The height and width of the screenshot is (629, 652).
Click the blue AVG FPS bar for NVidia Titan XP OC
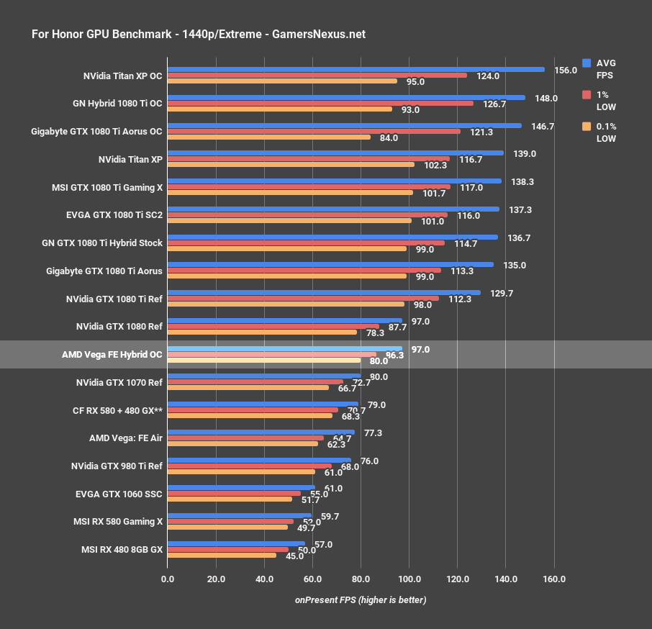tap(356, 69)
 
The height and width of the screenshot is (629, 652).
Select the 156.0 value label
tap(566, 71)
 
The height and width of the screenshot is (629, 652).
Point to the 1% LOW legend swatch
tap(587, 95)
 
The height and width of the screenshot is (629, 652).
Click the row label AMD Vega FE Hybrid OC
tap(112, 354)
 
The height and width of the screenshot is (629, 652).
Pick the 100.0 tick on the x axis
tap(409, 579)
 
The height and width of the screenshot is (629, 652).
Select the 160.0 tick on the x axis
tap(554, 579)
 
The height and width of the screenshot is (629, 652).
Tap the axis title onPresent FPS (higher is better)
tap(360, 599)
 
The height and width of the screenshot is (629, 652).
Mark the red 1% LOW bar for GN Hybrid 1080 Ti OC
tap(320, 103)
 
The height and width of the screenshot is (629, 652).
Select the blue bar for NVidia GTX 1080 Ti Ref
tap(324, 292)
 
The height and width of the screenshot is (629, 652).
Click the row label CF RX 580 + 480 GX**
tap(118, 409)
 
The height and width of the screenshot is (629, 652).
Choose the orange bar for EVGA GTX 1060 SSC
tap(230, 499)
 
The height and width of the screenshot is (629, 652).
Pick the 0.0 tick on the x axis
tap(168, 579)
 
